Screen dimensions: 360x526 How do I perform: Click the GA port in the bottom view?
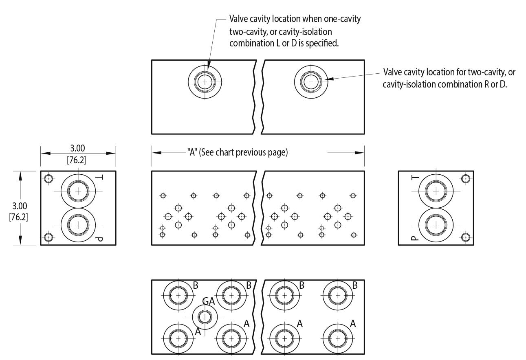[205, 316]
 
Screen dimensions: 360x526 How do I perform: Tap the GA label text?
[209, 302]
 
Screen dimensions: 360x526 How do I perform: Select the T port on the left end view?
[78, 191]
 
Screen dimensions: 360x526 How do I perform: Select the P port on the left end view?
[78, 224]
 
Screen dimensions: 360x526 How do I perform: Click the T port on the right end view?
[436, 191]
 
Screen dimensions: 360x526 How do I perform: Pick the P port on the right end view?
[436, 224]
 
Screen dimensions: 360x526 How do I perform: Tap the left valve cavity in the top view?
[205, 82]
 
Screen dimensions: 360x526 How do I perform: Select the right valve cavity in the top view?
[311, 82]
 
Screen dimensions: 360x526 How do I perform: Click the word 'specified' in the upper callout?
[323, 43]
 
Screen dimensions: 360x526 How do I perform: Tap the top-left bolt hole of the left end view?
[49, 178]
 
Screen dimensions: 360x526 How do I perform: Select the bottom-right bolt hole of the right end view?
[466, 237]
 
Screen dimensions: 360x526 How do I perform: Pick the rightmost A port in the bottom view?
[337, 338]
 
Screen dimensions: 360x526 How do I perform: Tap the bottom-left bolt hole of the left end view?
[49, 237]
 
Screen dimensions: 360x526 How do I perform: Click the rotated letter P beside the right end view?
[414, 238]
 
